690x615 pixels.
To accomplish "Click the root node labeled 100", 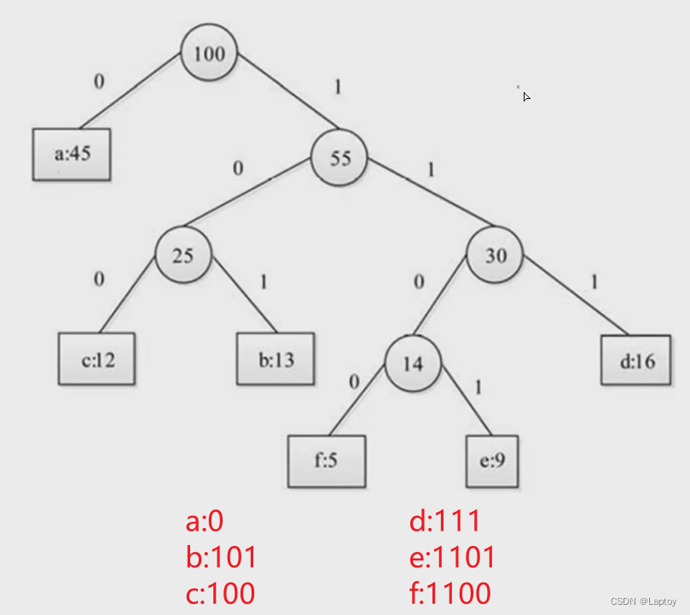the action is tap(209, 54).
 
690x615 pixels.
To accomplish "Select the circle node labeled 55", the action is tap(339, 157).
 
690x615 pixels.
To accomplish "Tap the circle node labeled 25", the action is tap(183, 254).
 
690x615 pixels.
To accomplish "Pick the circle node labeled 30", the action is tap(496, 254).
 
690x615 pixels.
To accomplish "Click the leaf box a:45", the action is tap(72, 154).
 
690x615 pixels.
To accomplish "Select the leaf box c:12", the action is tap(98, 359).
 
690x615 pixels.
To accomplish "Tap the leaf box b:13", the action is tap(275, 359).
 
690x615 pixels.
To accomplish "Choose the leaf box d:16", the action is tap(638, 360).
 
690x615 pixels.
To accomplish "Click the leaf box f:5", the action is tap(327, 461).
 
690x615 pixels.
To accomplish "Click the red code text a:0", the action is tap(205, 520).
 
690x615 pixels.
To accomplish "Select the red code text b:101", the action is tap(221, 557).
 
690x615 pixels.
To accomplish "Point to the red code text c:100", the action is tap(220, 593).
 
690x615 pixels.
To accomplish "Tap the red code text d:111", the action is tap(445, 520).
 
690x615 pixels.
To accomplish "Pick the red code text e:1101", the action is tap(452, 557).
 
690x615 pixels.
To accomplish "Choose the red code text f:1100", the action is tap(450, 593).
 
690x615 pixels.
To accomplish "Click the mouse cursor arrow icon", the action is tap(526, 96).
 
